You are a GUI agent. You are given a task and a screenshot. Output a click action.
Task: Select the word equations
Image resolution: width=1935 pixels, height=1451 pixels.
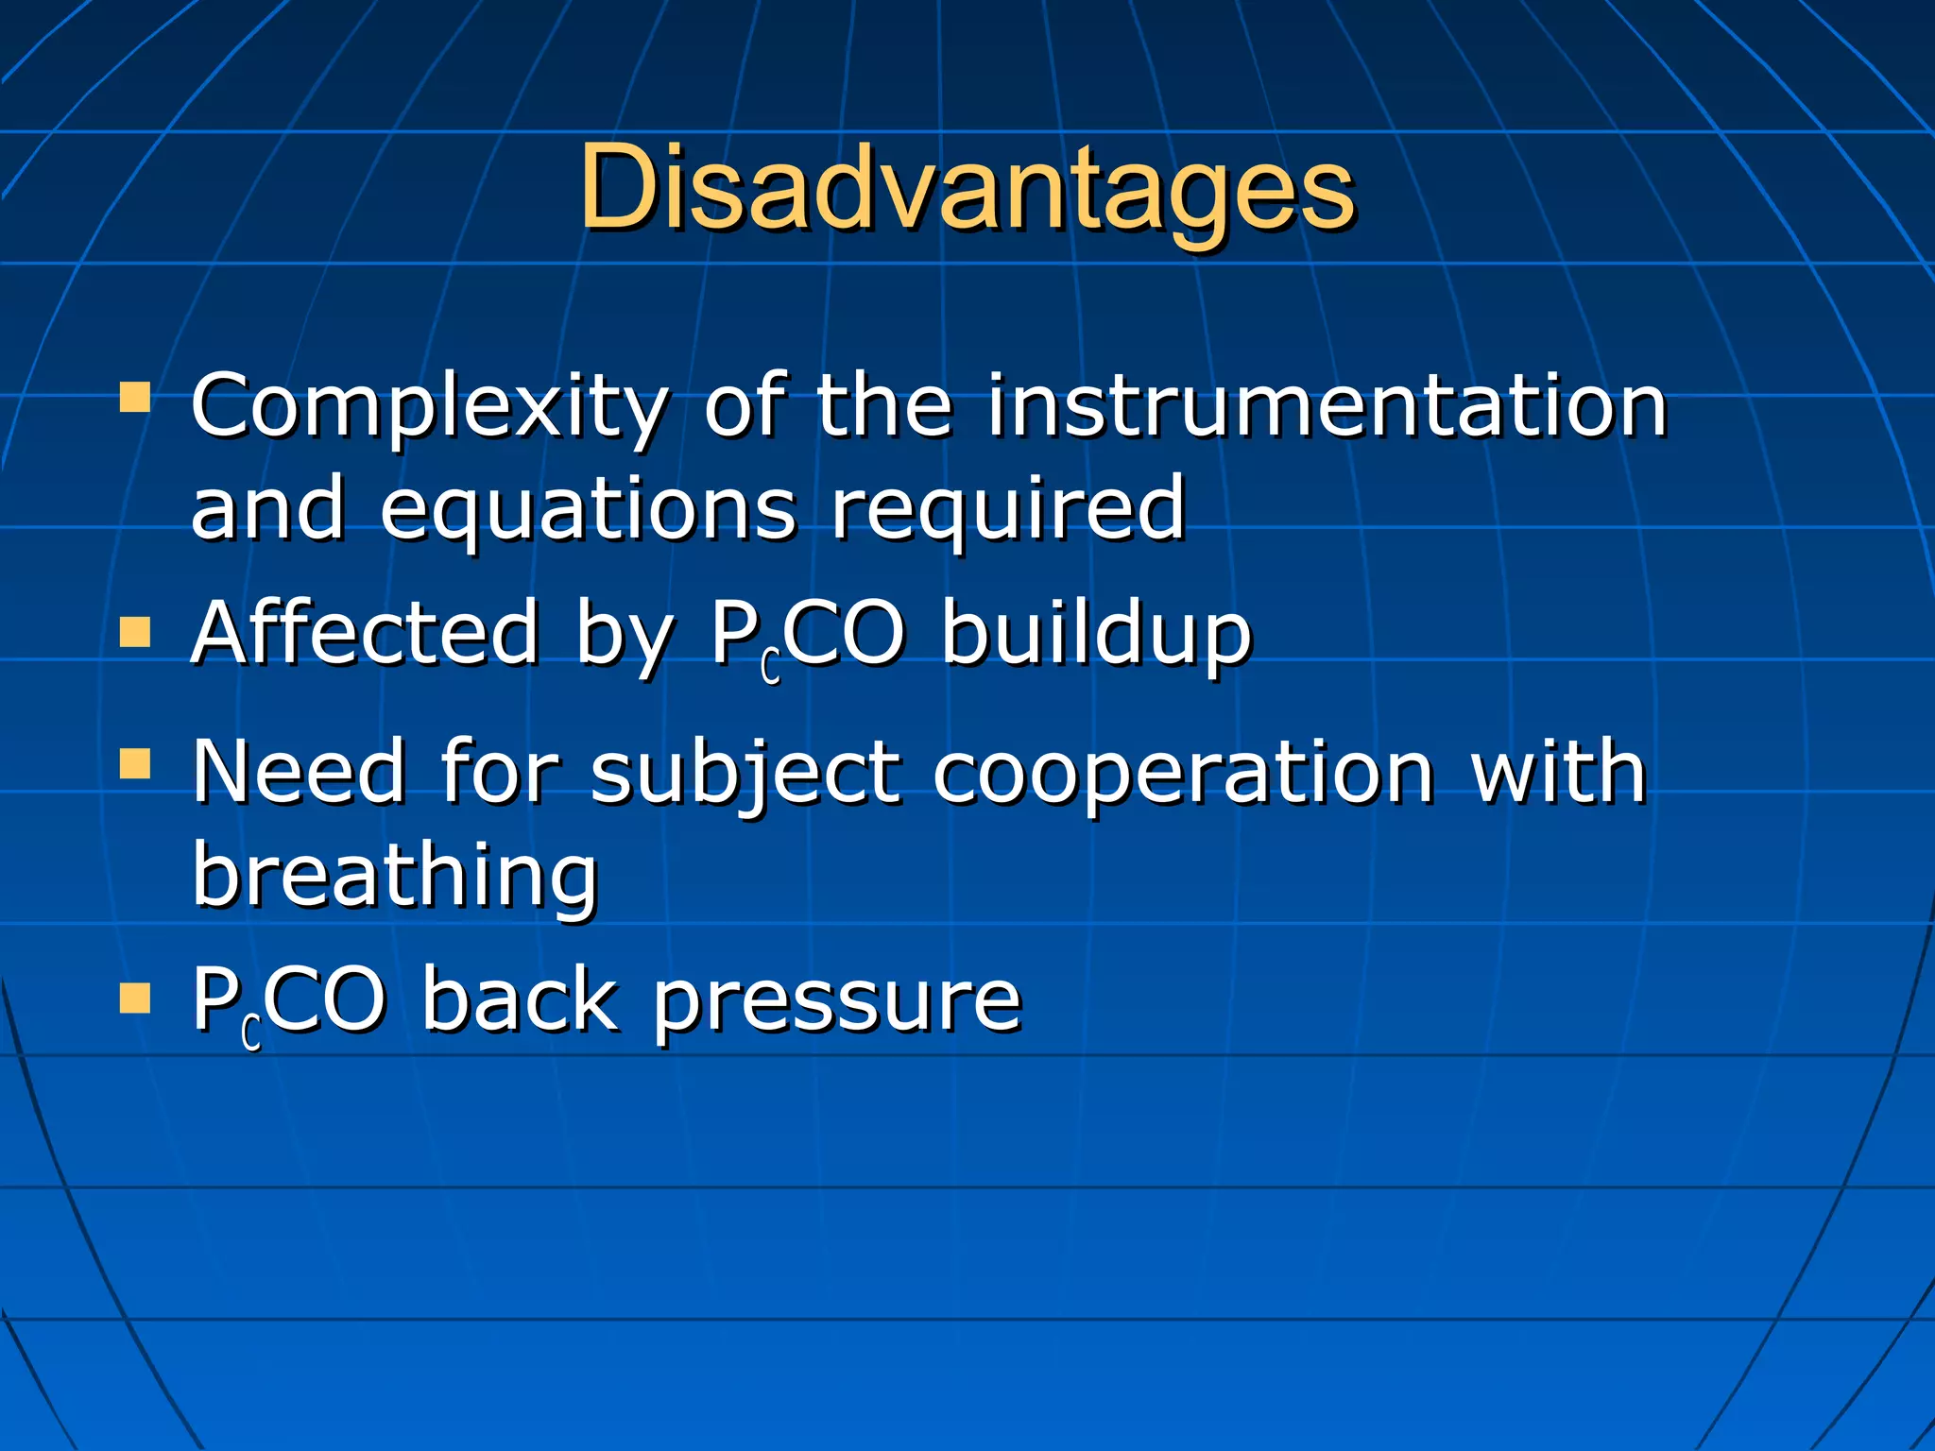[x=588, y=510]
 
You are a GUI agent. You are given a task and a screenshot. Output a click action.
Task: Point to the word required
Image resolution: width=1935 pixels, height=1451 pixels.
[x=1007, y=510]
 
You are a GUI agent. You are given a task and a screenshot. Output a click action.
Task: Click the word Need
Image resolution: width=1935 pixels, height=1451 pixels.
[x=300, y=772]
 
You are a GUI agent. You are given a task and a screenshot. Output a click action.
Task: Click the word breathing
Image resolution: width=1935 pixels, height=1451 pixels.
[x=395, y=877]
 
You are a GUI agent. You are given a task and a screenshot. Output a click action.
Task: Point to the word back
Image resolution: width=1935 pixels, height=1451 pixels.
[x=520, y=999]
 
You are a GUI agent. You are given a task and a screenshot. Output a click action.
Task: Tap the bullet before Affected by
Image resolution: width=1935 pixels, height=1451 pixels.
[x=135, y=632]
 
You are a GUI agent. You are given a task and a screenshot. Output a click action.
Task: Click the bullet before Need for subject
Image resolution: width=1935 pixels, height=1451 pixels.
[x=135, y=764]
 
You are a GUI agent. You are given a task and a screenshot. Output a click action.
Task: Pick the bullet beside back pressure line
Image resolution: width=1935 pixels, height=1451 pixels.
[x=135, y=998]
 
